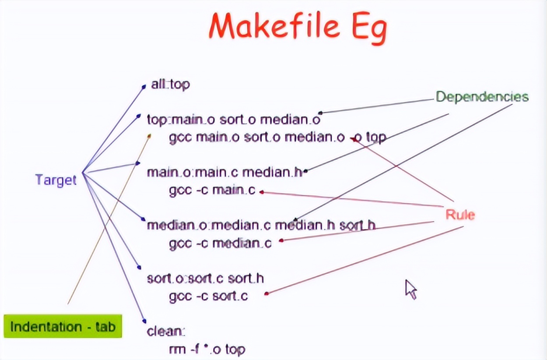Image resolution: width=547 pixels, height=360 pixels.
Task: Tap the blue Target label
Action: click(56, 180)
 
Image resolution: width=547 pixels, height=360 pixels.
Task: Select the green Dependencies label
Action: click(482, 97)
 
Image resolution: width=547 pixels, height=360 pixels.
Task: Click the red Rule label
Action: click(460, 215)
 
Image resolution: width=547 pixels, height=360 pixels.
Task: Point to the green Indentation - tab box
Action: click(63, 326)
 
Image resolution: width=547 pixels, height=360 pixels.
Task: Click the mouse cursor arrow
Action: click(410, 289)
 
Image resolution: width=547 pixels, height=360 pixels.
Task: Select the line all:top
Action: click(170, 84)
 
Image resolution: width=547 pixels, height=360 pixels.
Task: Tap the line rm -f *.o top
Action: click(207, 349)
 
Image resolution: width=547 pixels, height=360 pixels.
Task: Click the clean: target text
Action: click(165, 331)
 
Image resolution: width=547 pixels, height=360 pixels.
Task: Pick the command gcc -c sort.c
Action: click(208, 296)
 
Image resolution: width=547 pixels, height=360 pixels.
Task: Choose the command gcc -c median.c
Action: click(220, 243)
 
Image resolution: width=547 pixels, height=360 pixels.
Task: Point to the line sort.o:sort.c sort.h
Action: click(205, 278)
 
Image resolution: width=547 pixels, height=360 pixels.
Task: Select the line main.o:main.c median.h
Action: click(224, 172)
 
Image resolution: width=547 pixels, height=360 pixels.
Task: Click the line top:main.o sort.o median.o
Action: click(234, 119)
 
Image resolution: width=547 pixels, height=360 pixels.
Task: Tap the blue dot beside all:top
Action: click(144, 87)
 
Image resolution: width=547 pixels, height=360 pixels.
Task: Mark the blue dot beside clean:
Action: click(144, 321)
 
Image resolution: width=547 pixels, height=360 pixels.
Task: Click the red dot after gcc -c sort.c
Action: click(266, 293)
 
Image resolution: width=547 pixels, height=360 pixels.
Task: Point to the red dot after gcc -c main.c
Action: click(261, 191)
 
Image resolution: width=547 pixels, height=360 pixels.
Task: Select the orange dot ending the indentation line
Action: click(149, 136)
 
